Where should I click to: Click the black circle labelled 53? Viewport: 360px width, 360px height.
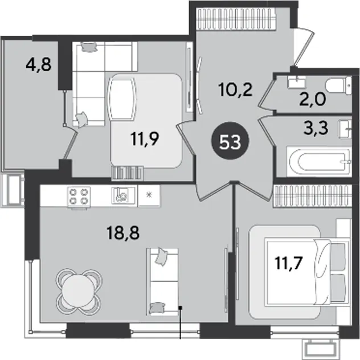tap(230, 141)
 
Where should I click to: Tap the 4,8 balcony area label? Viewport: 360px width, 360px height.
tap(39, 64)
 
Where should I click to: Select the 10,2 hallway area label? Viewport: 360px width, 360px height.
tap(236, 89)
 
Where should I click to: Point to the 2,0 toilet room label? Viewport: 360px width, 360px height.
tap(313, 100)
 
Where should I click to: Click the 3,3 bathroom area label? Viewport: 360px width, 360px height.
tap(316, 128)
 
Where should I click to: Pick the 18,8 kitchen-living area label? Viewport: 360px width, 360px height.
tap(123, 233)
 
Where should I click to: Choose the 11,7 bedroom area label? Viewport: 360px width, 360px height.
tap(289, 263)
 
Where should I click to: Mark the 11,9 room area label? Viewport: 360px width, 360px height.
tap(145, 140)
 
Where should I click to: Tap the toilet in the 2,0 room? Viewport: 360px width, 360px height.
tap(339, 85)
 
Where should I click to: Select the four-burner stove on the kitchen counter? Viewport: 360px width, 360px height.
tap(79, 197)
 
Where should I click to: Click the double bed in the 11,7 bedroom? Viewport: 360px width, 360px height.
tap(308, 272)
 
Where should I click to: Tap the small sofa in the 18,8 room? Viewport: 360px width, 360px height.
tap(162, 282)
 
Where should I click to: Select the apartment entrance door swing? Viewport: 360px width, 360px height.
tap(304, 47)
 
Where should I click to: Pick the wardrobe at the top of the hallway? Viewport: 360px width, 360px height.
tap(236, 19)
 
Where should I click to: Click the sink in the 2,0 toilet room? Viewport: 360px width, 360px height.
tap(297, 82)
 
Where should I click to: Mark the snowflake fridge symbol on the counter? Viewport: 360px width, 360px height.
tap(149, 195)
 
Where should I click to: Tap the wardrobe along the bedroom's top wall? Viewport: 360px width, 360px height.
tap(312, 197)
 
